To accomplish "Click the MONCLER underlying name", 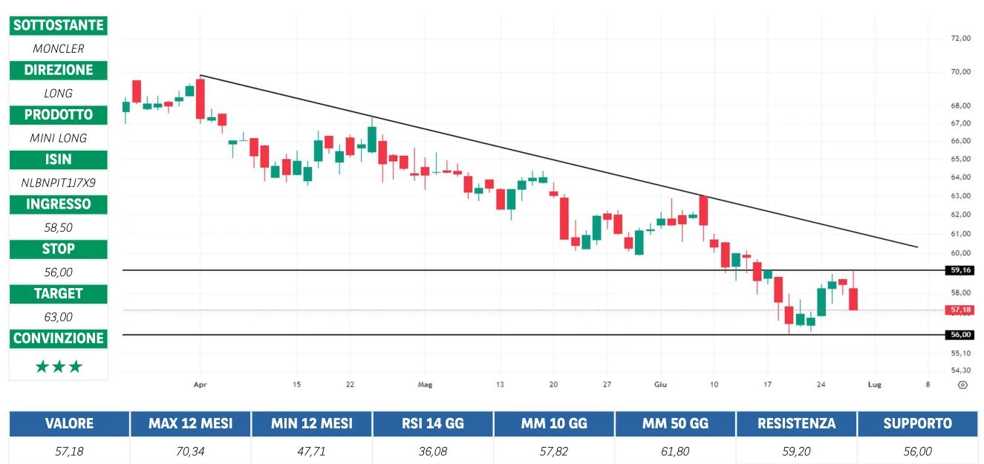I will tap(58, 48).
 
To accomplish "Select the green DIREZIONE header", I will tap(58, 70).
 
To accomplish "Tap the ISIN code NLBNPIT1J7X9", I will tap(58, 182).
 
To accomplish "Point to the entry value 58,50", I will tap(58, 227).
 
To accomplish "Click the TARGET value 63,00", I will tap(58, 316).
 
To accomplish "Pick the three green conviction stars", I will tap(58, 366).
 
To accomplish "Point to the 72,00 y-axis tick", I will tap(961, 38).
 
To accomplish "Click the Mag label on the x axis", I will tap(424, 385).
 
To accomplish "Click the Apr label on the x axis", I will tap(199, 385).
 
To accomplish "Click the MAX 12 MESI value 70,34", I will tap(189, 451).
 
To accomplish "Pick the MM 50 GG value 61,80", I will tap(674, 451).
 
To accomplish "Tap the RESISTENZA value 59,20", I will tap(795, 451).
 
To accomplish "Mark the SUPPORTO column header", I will tap(917, 424).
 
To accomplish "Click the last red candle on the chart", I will tap(854, 298).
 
